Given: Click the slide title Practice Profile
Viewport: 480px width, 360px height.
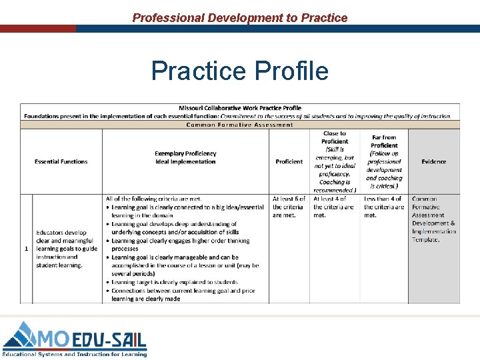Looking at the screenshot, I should tap(240, 70).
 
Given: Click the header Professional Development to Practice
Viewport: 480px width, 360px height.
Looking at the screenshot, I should tap(240, 18).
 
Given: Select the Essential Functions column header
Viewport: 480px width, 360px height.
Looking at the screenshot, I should tap(61, 161).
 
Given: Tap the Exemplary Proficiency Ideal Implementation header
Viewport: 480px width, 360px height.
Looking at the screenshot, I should tap(185, 157).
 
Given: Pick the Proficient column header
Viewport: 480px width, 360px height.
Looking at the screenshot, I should tap(289, 161).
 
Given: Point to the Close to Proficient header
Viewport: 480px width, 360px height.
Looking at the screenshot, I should tap(334, 161).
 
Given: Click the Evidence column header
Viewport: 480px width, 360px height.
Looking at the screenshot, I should tap(433, 161).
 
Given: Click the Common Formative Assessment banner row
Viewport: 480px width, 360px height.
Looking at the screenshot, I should tap(240, 125).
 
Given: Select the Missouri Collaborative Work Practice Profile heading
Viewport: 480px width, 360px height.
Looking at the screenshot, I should tap(240, 108).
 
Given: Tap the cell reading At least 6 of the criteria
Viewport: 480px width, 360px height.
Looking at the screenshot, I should tap(289, 207).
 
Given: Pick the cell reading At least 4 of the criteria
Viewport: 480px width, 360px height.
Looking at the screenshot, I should tap(334, 207).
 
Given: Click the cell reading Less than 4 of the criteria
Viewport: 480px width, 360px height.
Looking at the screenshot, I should tap(384, 207).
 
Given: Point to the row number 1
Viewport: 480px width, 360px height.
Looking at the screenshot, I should tap(26, 249).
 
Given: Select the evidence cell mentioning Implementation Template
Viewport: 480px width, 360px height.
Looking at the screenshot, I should tap(433, 219).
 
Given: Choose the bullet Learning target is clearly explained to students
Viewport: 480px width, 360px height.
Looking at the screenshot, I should tap(175, 283).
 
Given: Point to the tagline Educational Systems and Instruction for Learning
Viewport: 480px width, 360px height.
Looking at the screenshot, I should tap(75, 354).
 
